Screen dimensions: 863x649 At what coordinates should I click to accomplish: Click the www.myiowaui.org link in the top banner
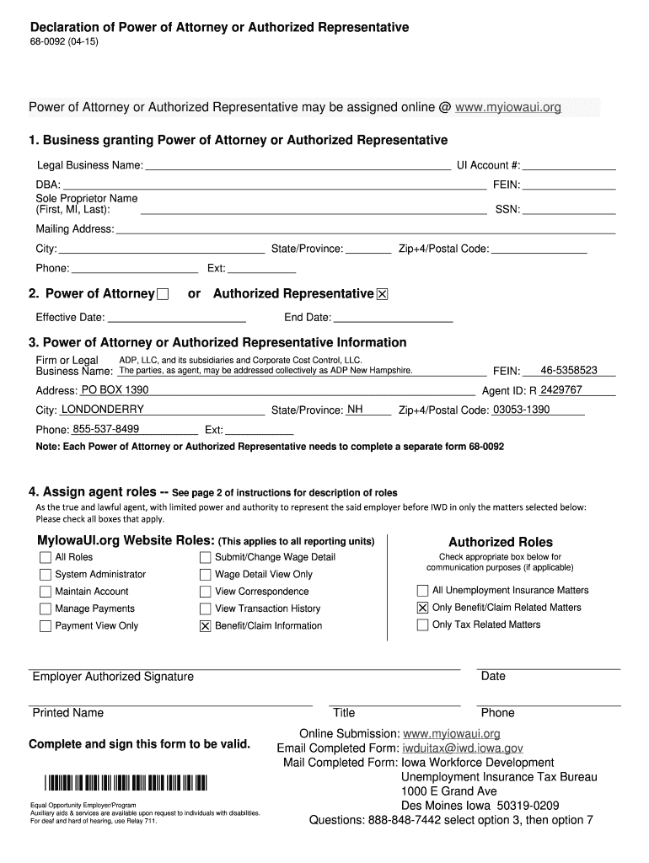click(507, 108)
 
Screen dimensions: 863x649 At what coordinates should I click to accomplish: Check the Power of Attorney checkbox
click(163, 294)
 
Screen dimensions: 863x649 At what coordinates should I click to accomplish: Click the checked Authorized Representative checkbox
click(382, 294)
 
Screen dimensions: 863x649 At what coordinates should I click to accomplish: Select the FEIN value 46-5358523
click(569, 370)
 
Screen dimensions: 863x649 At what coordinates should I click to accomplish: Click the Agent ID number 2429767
click(560, 390)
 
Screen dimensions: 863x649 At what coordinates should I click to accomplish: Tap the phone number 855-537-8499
click(105, 429)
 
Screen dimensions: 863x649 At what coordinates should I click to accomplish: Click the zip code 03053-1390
click(521, 410)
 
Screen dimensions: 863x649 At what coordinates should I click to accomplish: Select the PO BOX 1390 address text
click(115, 390)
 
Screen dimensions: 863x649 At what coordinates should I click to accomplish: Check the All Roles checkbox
click(46, 557)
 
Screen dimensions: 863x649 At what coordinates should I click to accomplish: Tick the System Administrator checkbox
click(46, 575)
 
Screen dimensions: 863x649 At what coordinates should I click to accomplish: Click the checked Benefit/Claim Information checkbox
click(205, 626)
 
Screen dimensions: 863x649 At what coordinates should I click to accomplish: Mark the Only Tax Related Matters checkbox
click(422, 625)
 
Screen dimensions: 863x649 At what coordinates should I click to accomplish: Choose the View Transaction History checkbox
click(205, 608)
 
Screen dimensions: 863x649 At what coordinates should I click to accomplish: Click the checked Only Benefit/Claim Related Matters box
click(422, 608)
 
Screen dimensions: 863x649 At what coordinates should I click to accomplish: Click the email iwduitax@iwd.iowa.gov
click(463, 748)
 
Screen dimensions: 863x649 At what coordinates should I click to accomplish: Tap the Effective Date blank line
click(177, 318)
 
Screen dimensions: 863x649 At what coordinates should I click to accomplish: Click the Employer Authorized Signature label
click(113, 677)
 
